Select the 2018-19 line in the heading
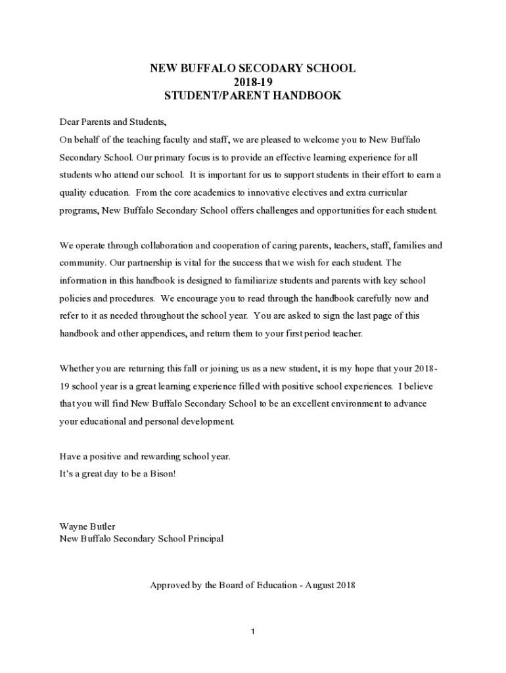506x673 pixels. [x=252, y=81]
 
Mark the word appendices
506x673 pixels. [x=161, y=333]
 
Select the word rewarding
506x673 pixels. [x=154, y=455]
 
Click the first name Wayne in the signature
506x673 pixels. [x=73, y=526]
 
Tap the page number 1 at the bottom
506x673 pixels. [x=252, y=632]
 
